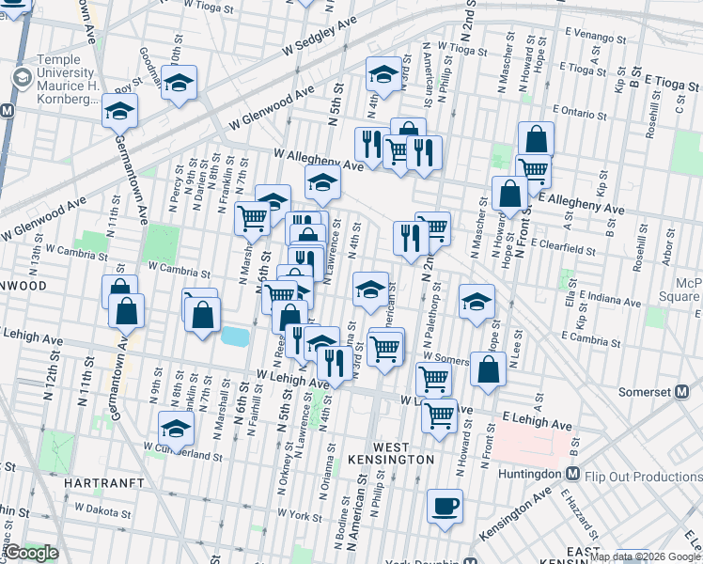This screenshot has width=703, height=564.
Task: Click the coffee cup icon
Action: tap(445, 505)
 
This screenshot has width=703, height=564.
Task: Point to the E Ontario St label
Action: tap(586, 112)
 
